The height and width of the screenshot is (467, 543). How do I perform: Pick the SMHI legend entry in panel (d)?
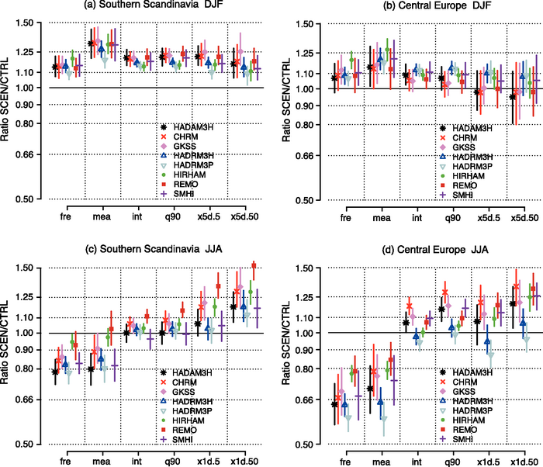click(472, 438)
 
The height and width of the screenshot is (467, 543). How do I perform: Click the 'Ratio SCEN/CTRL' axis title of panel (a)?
click(9, 112)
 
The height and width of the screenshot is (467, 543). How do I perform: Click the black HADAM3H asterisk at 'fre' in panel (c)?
click(55, 372)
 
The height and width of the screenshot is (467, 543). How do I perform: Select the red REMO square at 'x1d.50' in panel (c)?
click(253, 265)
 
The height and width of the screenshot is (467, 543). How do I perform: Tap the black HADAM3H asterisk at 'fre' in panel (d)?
click(335, 404)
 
